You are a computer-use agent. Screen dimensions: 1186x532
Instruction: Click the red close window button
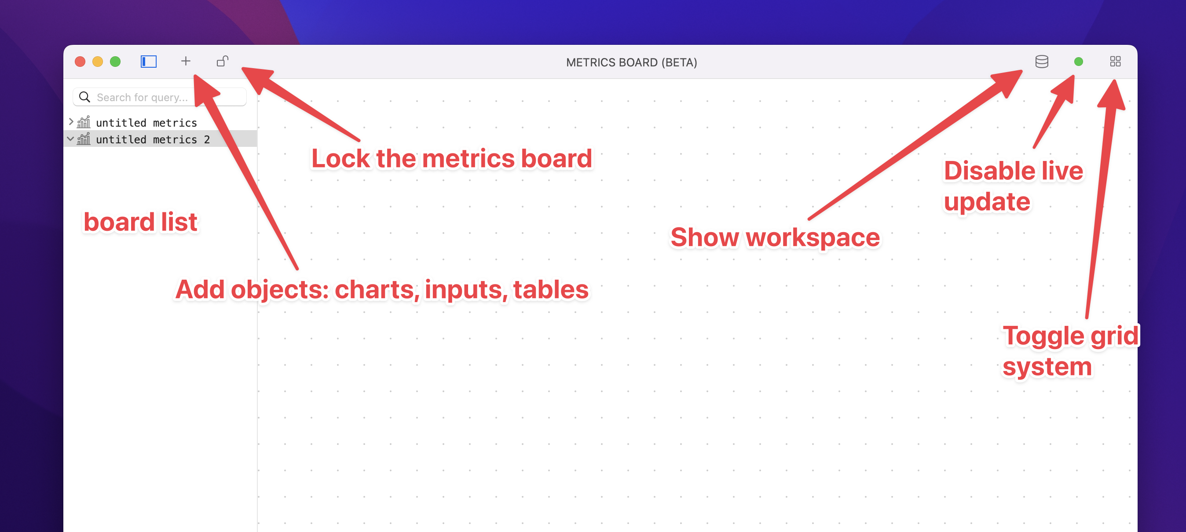(x=80, y=62)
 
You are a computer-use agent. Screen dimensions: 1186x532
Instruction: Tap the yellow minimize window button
(x=98, y=62)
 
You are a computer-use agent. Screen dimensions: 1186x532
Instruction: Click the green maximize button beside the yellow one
(x=115, y=62)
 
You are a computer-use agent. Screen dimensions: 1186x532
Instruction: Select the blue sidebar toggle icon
(x=149, y=62)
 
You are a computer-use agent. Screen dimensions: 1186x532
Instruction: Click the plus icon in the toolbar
(x=186, y=61)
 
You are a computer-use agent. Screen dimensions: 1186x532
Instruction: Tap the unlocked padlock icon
(x=223, y=61)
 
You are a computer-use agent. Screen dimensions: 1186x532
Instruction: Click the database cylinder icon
(x=1042, y=62)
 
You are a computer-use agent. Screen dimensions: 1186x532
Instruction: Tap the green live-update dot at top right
(x=1078, y=62)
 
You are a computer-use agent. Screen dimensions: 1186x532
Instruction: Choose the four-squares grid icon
(x=1115, y=62)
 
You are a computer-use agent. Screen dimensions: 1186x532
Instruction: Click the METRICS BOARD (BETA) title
(x=631, y=62)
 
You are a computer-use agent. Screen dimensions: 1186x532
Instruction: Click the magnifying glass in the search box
(x=84, y=97)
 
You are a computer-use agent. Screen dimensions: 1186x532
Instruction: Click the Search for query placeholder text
(x=142, y=98)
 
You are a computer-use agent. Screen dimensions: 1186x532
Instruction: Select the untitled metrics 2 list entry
(x=153, y=139)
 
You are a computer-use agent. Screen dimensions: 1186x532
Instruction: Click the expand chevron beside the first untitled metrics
(x=71, y=122)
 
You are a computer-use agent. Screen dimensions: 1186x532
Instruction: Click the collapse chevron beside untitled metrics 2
(x=70, y=138)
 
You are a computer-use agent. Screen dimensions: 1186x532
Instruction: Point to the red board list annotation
(x=140, y=222)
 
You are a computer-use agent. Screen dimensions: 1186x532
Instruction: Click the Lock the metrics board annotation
(x=452, y=158)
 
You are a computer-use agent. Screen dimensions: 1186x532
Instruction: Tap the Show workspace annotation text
(x=775, y=237)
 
